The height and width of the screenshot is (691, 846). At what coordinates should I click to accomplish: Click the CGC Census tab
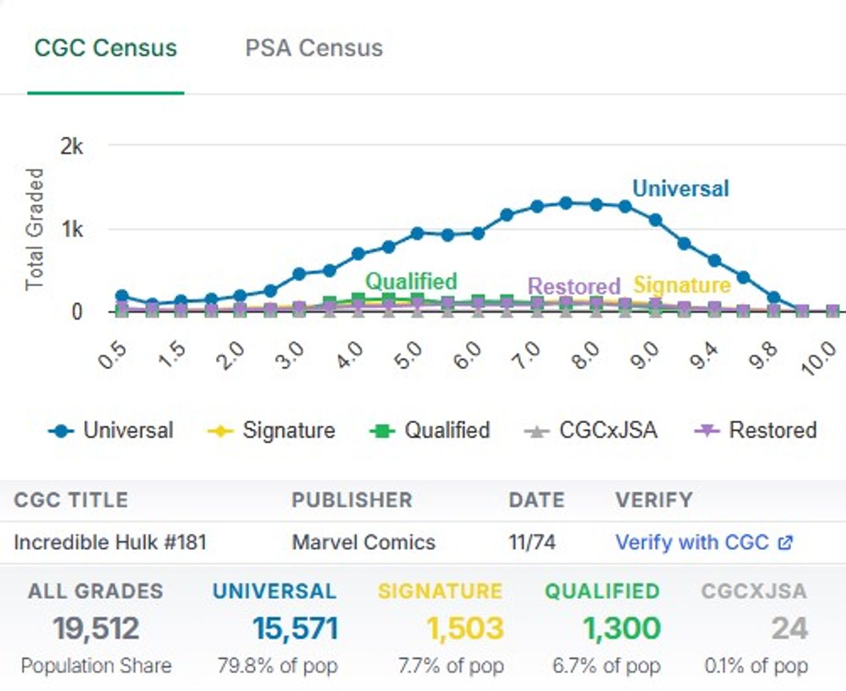(x=106, y=48)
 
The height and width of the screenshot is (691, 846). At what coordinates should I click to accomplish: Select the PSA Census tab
(x=314, y=48)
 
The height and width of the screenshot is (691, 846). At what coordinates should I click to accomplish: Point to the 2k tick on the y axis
(x=72, y=146)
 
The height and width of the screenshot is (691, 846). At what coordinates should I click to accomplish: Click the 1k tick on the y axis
(x=72, y=229)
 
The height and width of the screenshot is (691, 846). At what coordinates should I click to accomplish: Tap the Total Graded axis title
(x=34, y=229)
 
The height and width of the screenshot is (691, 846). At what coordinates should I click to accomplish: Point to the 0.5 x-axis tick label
(x=112, y=355)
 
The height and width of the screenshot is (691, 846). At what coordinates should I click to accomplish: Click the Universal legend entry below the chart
(x=111, y=430)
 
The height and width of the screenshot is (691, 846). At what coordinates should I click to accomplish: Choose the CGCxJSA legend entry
(x=591, y=430)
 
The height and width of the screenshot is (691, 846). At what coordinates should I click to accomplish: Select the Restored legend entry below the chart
(x=755, y=430)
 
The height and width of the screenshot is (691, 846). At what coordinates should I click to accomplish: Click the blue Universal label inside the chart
(x=681, y=188)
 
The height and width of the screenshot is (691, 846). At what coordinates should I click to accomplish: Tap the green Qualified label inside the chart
(x=411, y=281)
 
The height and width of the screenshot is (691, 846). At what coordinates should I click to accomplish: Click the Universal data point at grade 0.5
(x=122, y=296)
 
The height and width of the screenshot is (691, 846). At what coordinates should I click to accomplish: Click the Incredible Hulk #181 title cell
(x=110, y=542)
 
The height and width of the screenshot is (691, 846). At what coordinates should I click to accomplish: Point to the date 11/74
(x=532, y=542)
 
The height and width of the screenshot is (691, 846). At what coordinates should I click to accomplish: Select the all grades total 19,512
(x=96, y=628)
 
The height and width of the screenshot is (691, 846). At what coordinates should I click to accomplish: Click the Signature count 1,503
(x=465, y=628)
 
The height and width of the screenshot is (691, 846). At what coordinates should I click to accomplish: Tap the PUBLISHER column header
(x=352, y=500)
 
